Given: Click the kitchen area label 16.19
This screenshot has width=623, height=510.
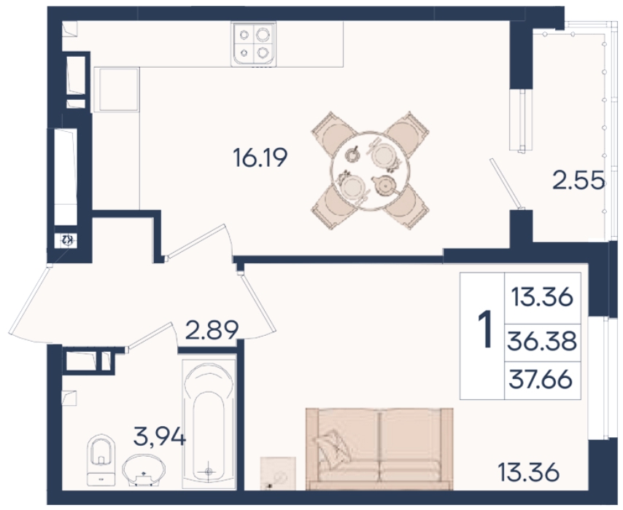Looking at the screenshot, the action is point(260,157).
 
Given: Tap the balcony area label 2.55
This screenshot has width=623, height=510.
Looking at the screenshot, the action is point(579,181).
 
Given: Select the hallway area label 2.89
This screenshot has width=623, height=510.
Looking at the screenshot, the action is point(212,329).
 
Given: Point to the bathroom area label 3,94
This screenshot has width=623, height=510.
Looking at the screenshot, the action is point(160,437).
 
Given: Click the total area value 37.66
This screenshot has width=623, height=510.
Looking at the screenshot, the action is point(541,380).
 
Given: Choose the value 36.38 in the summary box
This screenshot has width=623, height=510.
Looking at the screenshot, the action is point(542,341).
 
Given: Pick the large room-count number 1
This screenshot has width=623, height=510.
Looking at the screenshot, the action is point(484,329).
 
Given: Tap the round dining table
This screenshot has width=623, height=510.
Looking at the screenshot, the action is point(370,170).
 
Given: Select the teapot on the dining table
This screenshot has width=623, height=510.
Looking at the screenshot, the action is point(384,185).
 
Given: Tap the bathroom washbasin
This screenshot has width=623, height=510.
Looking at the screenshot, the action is point(144,469).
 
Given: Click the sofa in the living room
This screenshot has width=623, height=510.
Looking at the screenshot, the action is point(379,449).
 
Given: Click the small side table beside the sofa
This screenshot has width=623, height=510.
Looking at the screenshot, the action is point(278,473).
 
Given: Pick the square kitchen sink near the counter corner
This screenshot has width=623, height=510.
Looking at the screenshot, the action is point(117,90).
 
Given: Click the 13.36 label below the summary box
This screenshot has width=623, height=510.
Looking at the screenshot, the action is point(528,472).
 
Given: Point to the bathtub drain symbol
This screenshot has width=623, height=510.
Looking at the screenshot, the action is point(209,471).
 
